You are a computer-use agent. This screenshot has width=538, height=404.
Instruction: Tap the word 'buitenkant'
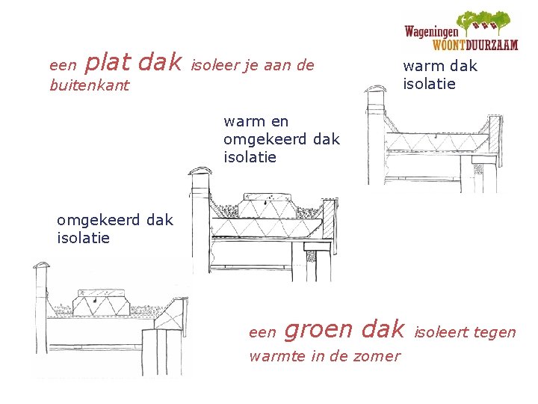89,85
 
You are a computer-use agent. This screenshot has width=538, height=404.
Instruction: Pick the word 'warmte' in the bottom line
273,356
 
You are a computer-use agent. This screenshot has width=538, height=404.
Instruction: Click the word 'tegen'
493,331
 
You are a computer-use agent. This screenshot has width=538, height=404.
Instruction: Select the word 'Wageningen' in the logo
433,32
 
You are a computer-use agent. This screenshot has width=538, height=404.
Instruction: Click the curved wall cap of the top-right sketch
374,92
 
